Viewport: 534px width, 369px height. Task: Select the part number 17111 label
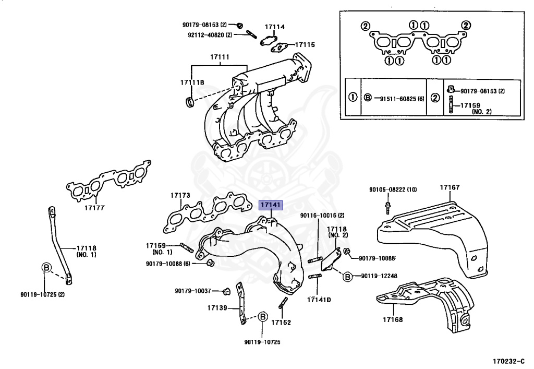tap(220, 56)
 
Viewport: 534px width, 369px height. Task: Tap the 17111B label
tap(192, 82)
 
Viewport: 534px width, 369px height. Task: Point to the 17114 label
tap(274, 27)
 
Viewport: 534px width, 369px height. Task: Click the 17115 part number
tap(305, 45)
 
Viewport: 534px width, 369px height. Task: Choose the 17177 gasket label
tap(94, 208)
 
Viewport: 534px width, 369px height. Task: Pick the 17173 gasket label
tap(180, 196)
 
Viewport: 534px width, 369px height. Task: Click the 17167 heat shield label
tap(449, 187)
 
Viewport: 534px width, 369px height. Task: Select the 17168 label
tap(392, 319)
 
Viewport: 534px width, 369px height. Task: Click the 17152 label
tap(281, 323)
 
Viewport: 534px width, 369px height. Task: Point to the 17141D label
tap(319, 300)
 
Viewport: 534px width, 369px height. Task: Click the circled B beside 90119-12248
tap(347, 276)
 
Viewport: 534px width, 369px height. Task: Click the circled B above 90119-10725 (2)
tap(46, 268)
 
